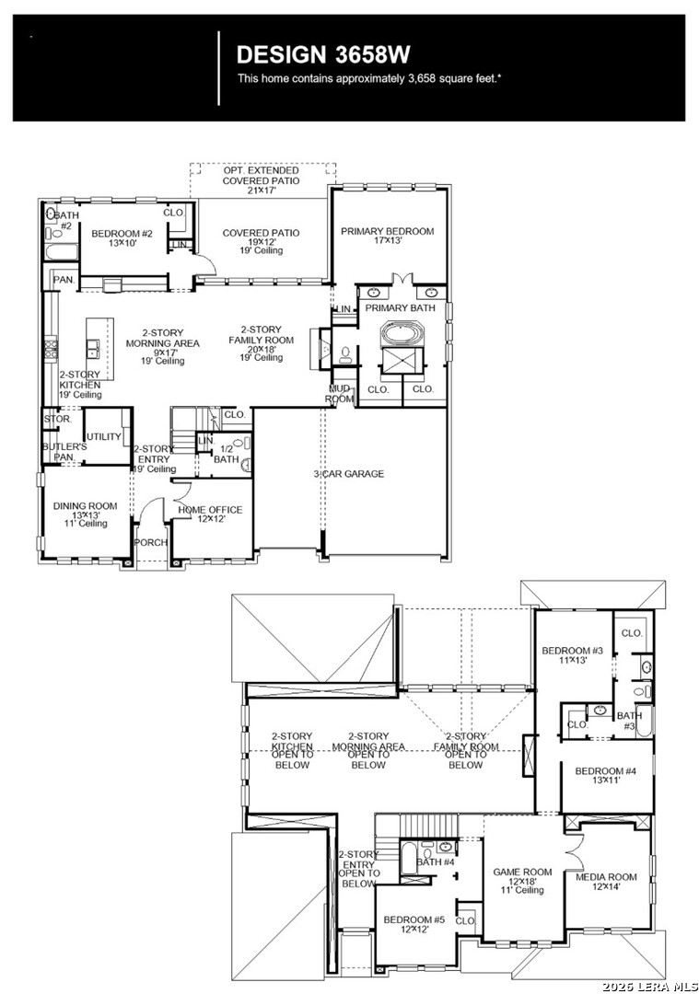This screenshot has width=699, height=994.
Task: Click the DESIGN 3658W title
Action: pyautogui.click(x=323, y=55)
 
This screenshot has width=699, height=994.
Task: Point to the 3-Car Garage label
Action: pyautogui.click(x=349, y=474)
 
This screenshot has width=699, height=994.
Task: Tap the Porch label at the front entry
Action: pyautogui.click(x=151, y=543)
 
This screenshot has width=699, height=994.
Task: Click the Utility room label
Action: pyautogui.click(x=103, y=437)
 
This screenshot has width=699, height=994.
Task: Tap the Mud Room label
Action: pyautogui.click(x=339, y=394)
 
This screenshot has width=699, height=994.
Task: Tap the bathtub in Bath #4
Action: pyautogui.click(x=408, y=858)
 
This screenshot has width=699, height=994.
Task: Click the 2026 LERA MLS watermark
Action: pyautogui.click(x=649, y=987)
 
